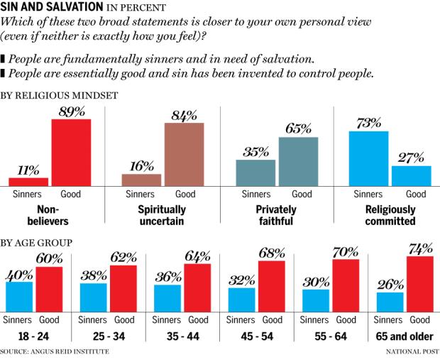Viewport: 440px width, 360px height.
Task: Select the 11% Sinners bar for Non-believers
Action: pos(28,182)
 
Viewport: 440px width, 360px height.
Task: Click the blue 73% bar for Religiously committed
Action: pos(369,158)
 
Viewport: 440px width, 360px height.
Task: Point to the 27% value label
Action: pos(411,157)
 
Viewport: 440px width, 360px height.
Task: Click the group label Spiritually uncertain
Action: pos(163,215)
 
